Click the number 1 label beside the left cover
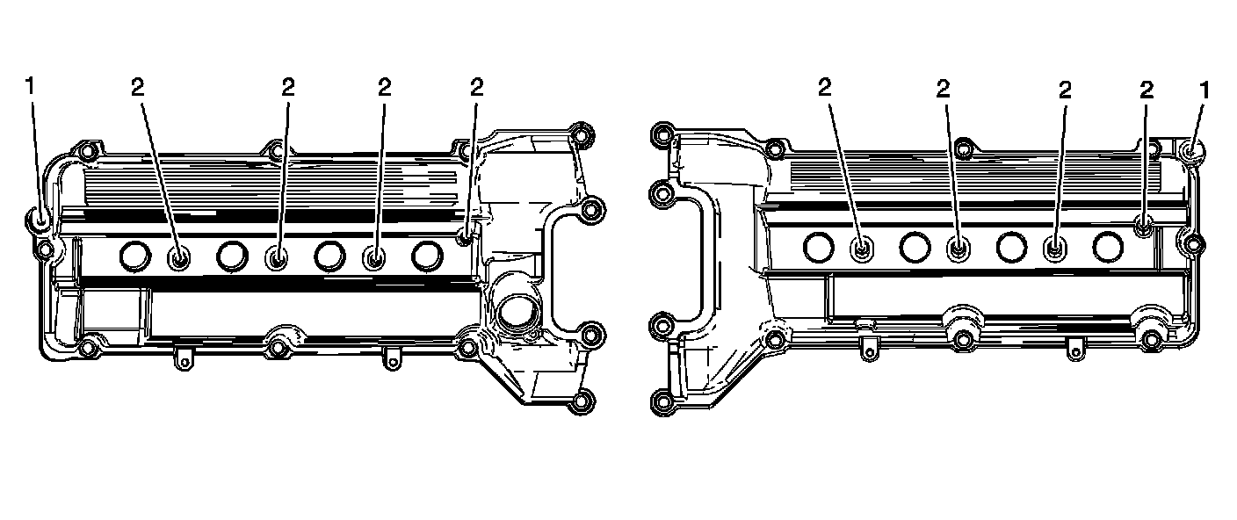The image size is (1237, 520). click(30, 86)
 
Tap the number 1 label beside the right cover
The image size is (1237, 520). click(1204, 90)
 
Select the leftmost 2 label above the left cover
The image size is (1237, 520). click(138, 87)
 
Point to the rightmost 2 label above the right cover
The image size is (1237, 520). click(1147, 90)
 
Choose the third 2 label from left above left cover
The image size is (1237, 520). click(384, 87)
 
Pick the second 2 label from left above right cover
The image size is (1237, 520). click(944, 89)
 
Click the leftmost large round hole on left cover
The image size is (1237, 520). click(135, 256)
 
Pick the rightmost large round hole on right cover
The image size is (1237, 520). click(1108, 246)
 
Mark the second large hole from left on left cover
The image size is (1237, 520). click(233, 256)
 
